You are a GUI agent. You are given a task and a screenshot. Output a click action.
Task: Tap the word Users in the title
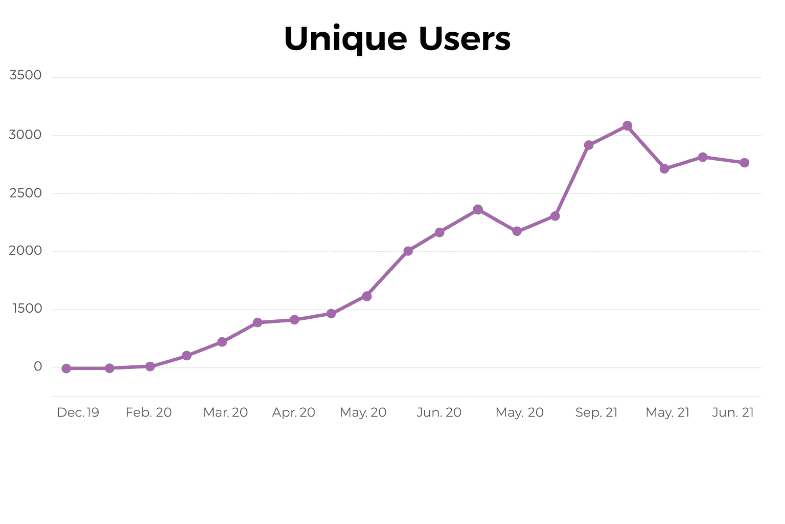[x=465, y=39]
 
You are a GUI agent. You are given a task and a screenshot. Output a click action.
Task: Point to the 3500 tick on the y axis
[x=26, y=75]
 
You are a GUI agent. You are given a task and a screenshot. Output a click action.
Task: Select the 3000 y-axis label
[x=25, y=135]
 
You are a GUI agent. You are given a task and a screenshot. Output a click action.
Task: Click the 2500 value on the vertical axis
[x=26, y=193]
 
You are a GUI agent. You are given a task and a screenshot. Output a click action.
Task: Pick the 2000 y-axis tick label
[x=25, y=250]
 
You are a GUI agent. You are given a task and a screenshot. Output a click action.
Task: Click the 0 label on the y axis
[x=38, y=366]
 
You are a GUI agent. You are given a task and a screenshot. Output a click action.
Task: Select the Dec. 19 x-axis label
[x=78, y=412]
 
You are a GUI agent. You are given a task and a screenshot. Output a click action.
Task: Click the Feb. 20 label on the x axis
[x=149, y=412]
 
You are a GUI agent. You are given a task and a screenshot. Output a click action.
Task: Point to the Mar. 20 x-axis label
[x=225, y=412]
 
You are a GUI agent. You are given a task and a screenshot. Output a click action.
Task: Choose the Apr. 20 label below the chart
[x=294, y=412]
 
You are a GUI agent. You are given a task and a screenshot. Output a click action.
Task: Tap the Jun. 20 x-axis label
[x=439, y=412]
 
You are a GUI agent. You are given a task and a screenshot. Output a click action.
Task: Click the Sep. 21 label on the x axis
[x=596, y=412]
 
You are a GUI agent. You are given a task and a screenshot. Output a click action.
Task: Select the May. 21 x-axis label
[x=667, y=412]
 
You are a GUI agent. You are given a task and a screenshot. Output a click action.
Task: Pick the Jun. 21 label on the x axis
[x=733, y=412]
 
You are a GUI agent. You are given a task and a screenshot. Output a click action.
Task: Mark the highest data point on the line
[x=628, y=126]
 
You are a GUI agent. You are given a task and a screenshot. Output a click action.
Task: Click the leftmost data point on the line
[x=66, y=368]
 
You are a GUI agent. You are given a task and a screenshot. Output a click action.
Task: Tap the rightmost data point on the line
[x=745, y=163]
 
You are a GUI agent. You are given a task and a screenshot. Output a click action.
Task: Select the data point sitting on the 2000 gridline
[x=408, y=251]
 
